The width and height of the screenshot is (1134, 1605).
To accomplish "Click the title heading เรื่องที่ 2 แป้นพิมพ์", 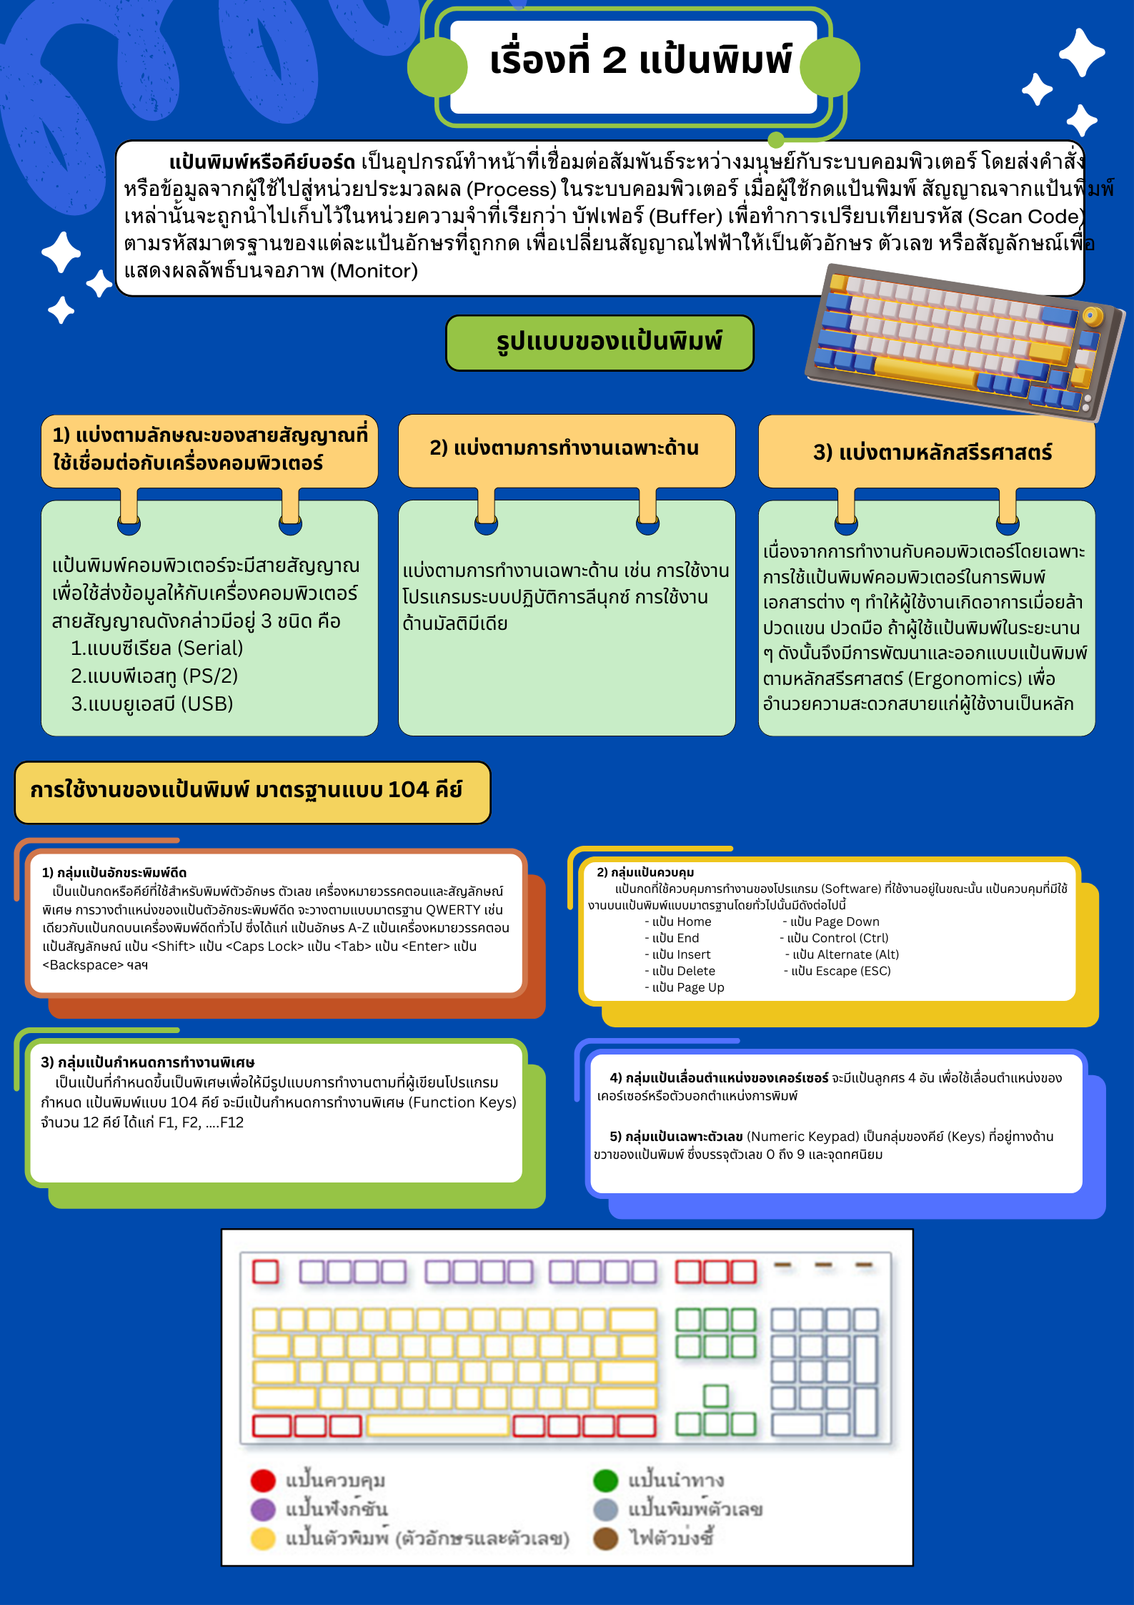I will coord(640,60).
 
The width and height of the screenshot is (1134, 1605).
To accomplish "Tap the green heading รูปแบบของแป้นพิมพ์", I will coord(608,342).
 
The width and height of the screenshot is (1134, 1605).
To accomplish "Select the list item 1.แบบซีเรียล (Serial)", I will coord(156,648).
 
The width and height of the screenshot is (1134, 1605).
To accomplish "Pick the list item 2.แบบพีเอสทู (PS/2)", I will coord(154,676).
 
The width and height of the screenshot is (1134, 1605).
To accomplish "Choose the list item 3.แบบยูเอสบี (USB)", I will coord(151,703).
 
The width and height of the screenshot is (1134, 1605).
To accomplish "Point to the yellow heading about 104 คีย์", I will coord(246,790).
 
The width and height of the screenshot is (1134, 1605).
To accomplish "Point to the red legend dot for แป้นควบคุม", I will coord(263,1480).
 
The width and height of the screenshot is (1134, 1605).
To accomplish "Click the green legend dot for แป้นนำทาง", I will coord(605,1480).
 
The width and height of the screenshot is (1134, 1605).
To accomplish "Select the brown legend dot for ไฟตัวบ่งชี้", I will coord(605,1539).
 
